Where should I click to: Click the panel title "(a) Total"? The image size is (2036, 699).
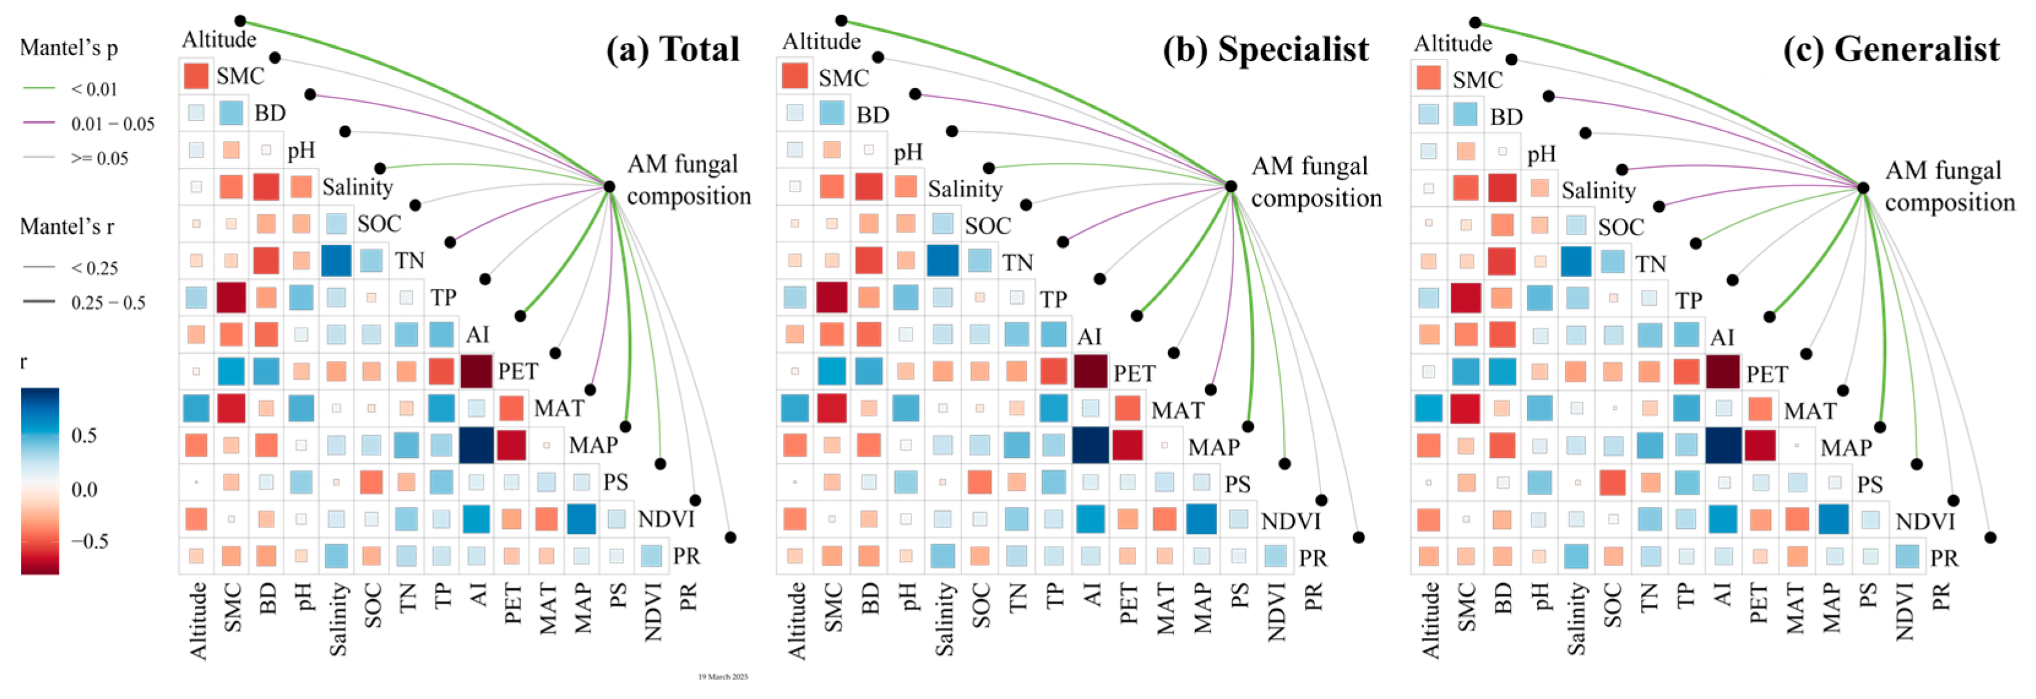coord(673,49)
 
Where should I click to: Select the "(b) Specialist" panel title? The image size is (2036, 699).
coord(1265,49)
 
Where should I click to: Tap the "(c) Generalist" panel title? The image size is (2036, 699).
coord(1891,49)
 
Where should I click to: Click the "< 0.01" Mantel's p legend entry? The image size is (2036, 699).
coord(93,89)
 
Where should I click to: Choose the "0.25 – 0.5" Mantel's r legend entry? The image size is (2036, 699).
coord(107,302)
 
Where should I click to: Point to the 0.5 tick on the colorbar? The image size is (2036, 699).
coord(84,435)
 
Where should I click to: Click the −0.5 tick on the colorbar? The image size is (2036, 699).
coord(89,542)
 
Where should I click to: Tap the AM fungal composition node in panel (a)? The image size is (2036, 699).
coord(609,187)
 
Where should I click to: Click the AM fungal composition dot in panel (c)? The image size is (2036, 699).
coord(1863,188)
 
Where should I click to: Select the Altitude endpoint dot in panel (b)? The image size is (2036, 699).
coord(842,21)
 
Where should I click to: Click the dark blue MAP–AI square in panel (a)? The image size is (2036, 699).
coord(477,444)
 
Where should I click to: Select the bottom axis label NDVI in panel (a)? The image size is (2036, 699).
coord(653,612)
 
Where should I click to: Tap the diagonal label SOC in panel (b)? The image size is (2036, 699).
coord(988,226)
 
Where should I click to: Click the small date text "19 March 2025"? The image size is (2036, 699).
coord(722,677)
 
